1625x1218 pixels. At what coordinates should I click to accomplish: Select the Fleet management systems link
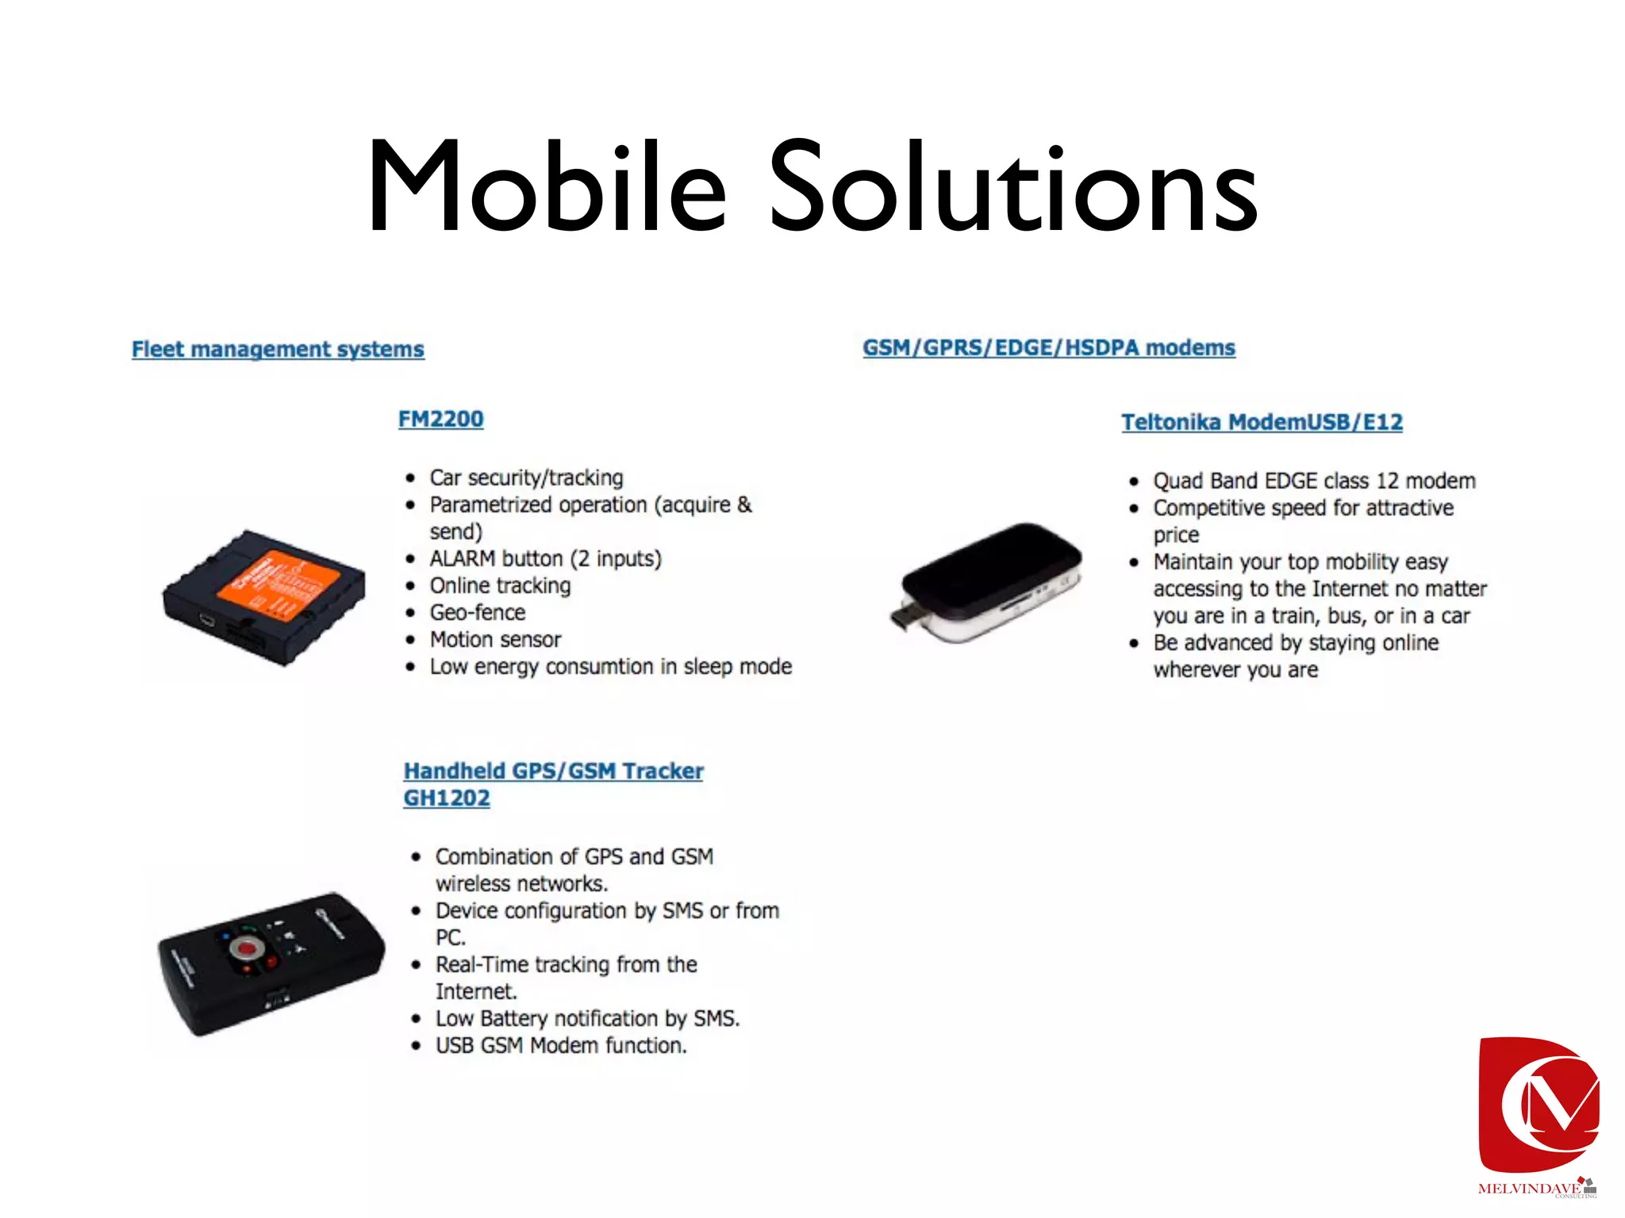[x=278, y=349]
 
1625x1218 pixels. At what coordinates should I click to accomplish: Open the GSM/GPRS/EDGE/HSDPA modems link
[x=1049, y=347]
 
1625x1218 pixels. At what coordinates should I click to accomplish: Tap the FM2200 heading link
[x=440, y=419]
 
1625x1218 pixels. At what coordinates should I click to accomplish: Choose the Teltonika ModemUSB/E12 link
[x=1262, y=422]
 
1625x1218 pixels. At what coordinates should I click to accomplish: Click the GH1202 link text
[x=446, y=798]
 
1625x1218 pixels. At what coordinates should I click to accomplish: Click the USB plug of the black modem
[x=902, y=616]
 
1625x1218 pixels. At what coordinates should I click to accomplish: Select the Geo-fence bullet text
[x=478, y=612]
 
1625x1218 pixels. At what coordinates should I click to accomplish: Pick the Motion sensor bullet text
[x=495, y=639]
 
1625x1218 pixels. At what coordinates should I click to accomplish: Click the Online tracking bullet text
[x=500, y=585]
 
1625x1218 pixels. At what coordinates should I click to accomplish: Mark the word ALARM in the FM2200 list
[x=462, y=558]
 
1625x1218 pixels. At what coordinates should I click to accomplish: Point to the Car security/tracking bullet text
[x=526, y=477]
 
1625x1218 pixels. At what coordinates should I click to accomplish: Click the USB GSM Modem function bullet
[x=560, y=1045]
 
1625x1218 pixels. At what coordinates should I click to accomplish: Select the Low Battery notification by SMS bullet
[x=587, y=1018]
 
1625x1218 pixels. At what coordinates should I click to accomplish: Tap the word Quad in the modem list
[x=1177, y=481]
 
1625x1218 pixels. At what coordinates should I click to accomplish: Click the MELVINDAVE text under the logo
[x=1528, y=1189]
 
